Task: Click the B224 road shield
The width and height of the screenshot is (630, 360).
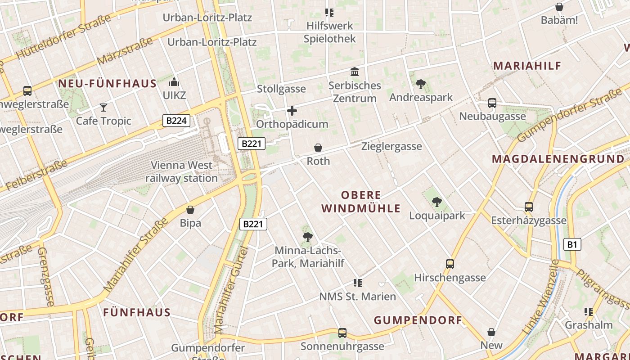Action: click(x=176, y=121)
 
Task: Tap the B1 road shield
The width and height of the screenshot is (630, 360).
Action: click(x=572, y=244)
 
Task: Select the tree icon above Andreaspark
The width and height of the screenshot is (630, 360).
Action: click(x=421, y=84)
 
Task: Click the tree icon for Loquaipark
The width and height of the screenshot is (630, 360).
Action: click(x=436, y=202)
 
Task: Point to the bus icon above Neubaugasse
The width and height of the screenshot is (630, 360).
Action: click(x=492, y=103)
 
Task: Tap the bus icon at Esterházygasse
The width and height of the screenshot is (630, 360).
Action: click(x=529, y=207)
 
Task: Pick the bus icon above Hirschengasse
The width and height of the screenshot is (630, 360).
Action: click(x=450, y=264)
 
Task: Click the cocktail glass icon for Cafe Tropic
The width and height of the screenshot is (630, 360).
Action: click(x=103, y=108)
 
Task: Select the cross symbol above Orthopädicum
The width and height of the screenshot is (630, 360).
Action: click(x=292, y=111)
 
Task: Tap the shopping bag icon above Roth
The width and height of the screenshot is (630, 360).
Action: click(x=318, y=148)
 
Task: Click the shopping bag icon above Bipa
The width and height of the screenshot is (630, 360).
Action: click(x=190, y=210)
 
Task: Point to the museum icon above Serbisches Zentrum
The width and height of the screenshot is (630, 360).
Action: click(x=355, y=72)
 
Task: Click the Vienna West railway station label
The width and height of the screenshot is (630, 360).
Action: click(x=181, y=172)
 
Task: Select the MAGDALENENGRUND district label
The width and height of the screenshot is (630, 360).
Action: click(x=558, y=159)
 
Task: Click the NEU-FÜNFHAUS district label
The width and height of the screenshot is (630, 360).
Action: click(x=107, y=84)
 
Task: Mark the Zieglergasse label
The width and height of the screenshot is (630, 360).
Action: click(x=391, y=146)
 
